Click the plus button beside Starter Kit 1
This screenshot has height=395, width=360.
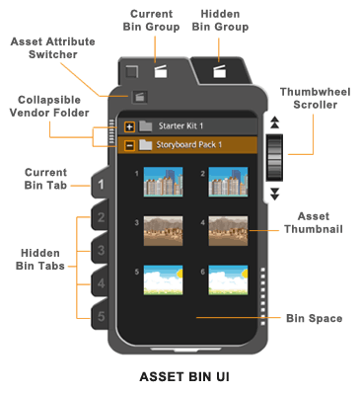(x=130, y=126)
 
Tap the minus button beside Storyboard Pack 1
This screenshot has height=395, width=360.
(x=130, y=145)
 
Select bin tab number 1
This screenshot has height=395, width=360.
(x=101, y=185)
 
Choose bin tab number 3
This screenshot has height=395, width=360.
(x=101, y=250)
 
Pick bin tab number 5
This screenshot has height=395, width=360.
(x=101, y=316)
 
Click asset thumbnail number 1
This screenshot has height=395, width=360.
(x=163, y=182)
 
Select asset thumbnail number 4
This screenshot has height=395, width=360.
(x=228, y=231)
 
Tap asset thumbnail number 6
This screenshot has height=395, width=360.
(x=228, y=279)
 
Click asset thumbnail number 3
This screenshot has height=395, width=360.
(x=163, y=231)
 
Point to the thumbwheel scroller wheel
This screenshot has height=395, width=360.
(x=274, y=157)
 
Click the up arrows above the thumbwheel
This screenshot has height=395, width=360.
(x=275, y=122)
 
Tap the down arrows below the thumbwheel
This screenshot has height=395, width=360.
(x=275, y=194)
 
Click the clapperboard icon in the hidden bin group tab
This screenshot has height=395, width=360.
(x=219, y=71)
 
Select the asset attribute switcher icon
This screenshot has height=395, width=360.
(x=140, y=97)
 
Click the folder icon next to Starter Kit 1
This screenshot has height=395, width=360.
(x=145, y=126)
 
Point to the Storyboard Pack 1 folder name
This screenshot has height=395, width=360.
(x=189, y=145)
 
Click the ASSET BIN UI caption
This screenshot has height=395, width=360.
(x=184, y=377)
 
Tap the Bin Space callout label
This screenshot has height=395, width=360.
(x=315, y=318)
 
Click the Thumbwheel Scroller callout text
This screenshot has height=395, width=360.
(x=316, y=98)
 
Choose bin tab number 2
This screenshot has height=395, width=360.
(x=101, y=217)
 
